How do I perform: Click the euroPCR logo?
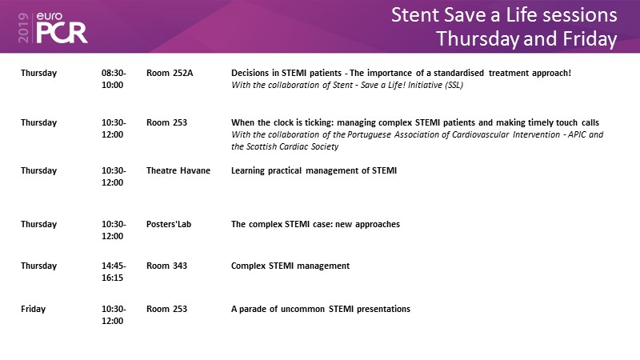point(62,27)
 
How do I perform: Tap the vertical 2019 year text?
point(23,28)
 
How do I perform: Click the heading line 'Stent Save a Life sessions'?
point(504,15)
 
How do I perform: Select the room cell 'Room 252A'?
point(170,73)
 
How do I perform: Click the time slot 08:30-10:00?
point(114,78)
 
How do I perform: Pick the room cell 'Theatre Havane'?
point(178,170)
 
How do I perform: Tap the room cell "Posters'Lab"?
point(169,224)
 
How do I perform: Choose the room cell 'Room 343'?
point(166,266)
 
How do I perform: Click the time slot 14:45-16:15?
point(114,271)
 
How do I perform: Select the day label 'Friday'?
point(33,309)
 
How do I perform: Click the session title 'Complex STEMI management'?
point(290,266)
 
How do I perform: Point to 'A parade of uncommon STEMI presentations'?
point(321,309)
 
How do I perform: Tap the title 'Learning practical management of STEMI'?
point(314,170)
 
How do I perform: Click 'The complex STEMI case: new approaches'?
point(315,224)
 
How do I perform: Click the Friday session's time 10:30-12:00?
point(114,314)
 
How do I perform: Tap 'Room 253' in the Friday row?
point(166,309)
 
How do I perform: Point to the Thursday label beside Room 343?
point(38,266)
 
